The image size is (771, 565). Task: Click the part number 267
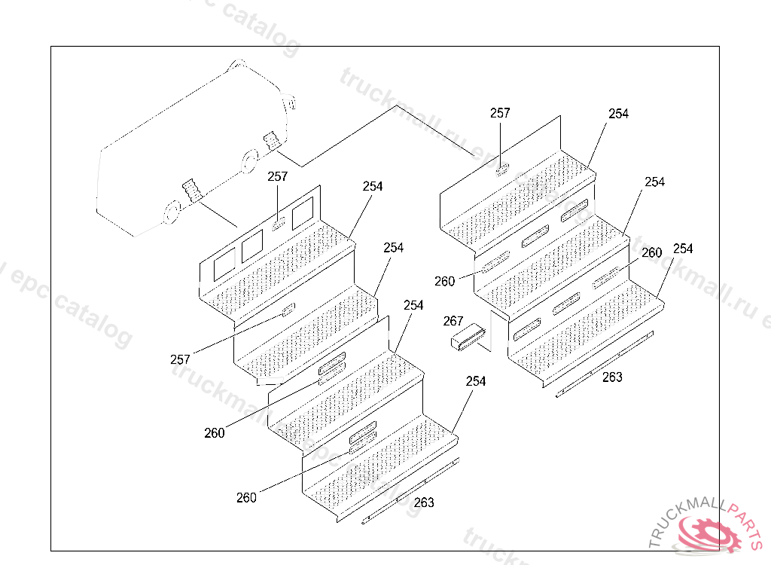click(453, 321)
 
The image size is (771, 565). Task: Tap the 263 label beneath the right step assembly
click(612, 377)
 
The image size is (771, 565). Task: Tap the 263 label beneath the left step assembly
click(424, 502)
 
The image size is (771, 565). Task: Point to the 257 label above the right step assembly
click(500, 113)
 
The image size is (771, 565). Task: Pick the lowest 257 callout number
click(180, 359)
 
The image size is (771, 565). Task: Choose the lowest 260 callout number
click(246, 497)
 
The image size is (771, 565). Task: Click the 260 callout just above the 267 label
click(444, 281)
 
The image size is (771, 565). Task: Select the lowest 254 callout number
click(476, 381)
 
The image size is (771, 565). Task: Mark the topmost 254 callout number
click(618, 114)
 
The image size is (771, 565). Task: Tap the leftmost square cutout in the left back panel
click(225, 264)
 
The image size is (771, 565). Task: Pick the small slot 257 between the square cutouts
click(278, 224)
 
